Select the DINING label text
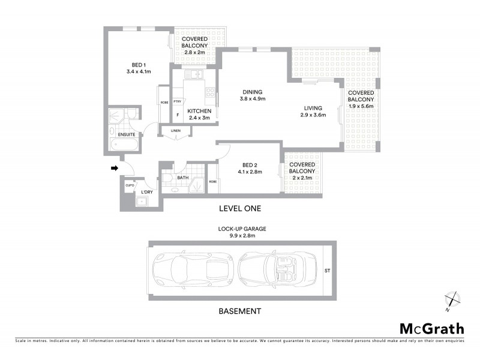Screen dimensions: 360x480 (x=252, y=92)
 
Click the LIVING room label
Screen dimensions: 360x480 (x=312, y=108)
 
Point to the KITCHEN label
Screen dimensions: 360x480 (x=199, y=112)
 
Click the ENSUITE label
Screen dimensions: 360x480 (x=127, y=134)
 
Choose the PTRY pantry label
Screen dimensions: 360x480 (x=178, y=101)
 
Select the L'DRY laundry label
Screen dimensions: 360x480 (x=147, y=191)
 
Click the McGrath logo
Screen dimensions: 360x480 (x=431, y=328)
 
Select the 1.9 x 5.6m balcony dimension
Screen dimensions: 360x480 (x=361, y=106)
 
